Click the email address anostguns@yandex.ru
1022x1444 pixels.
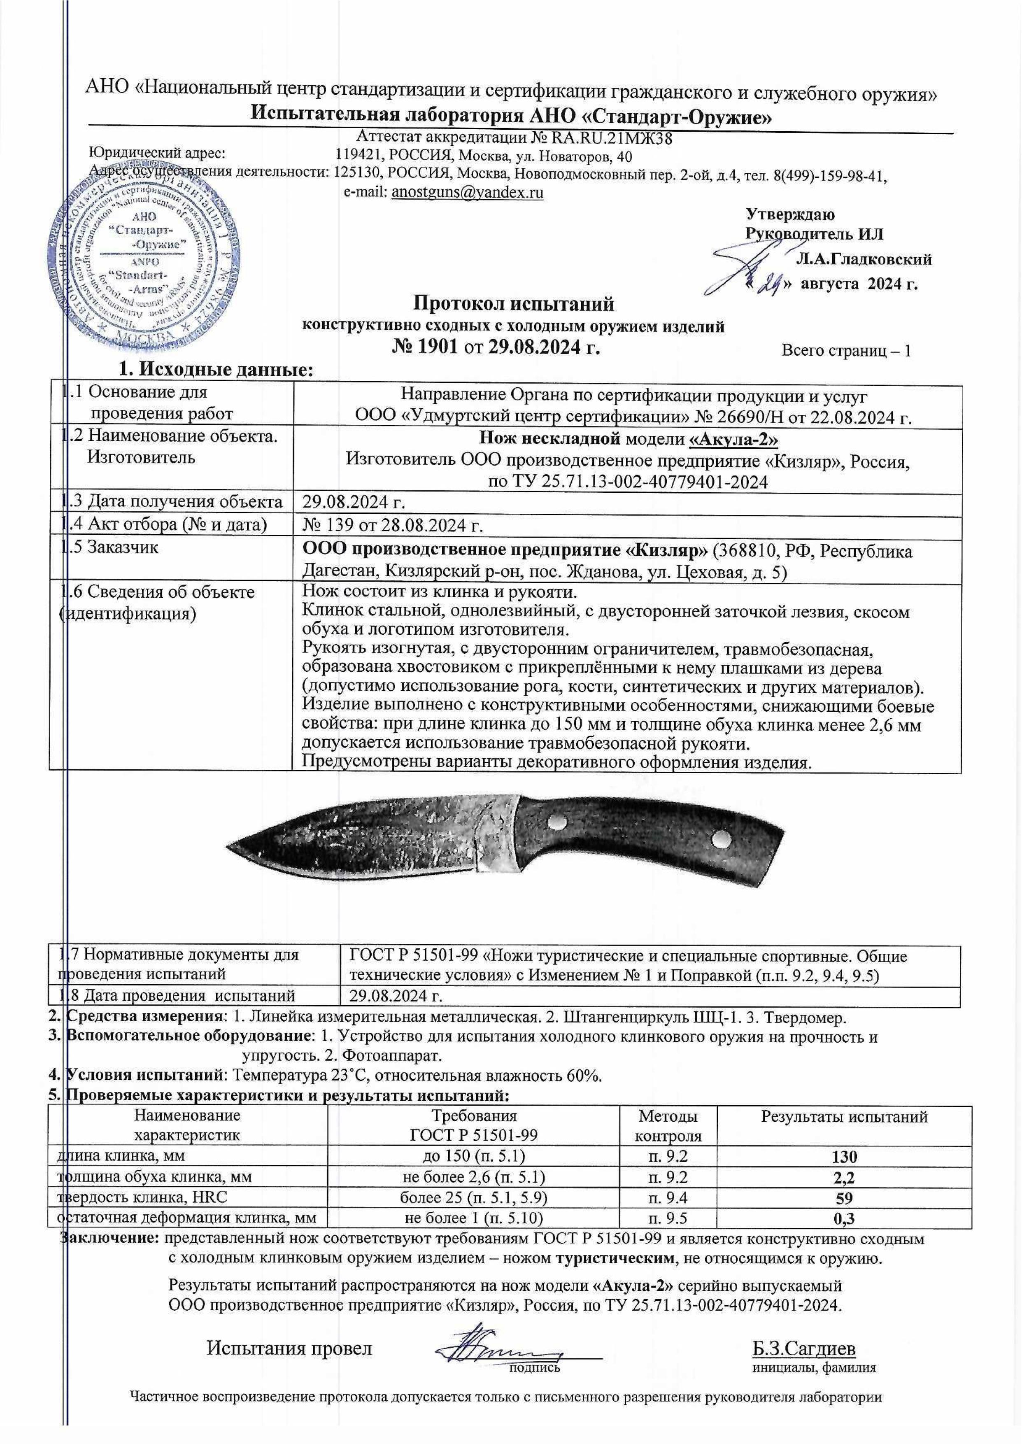(467, 193)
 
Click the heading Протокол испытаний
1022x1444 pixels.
(513, 305)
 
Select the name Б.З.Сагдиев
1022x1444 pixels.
(803, 1348)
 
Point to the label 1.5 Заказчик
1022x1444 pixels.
(113, 547)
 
